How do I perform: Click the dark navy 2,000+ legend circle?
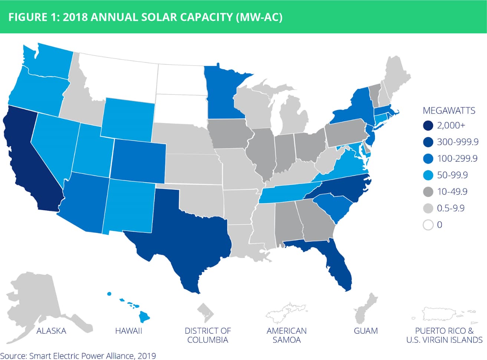428,126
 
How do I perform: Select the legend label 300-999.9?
458,142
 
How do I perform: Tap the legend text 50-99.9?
452,175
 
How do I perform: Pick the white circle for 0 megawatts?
428,225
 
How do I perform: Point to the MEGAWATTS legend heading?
449,110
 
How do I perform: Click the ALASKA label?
52,331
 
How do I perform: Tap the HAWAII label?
129,331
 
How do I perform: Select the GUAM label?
366,331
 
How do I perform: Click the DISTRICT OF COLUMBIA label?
208,336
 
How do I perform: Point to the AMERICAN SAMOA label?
287,336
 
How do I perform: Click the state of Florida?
329,257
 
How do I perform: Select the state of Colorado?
138,161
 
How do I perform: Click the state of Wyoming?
128,120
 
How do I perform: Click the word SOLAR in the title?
159,17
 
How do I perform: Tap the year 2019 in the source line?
147,356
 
